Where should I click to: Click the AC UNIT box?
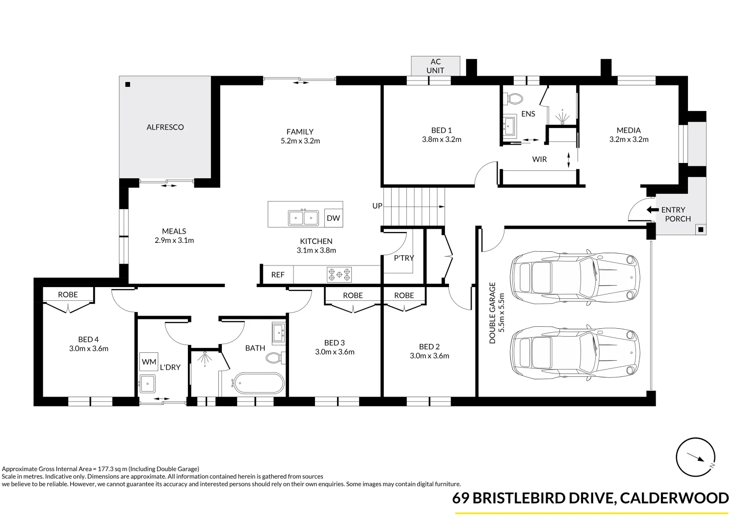[435, 66]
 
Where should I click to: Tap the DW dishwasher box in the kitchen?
[333, 218]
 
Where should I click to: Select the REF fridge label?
[278, 275]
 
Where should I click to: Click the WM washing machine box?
[149, 362]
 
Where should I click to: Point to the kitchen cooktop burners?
[340, 274]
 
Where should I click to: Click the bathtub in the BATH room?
[258, 383]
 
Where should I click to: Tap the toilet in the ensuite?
[514, 98]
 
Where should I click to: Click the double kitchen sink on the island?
[303, 218]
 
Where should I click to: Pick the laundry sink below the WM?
[147, 383]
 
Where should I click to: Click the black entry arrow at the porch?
[653, 210]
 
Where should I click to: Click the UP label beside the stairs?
[377, 206]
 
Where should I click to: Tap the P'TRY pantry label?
[404, 258]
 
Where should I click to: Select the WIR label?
[539, 159]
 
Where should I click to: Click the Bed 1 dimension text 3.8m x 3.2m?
[442, 139]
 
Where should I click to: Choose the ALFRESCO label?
[165, 127]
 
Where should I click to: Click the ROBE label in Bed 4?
[68, 294]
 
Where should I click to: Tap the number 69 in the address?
[460, 498]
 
